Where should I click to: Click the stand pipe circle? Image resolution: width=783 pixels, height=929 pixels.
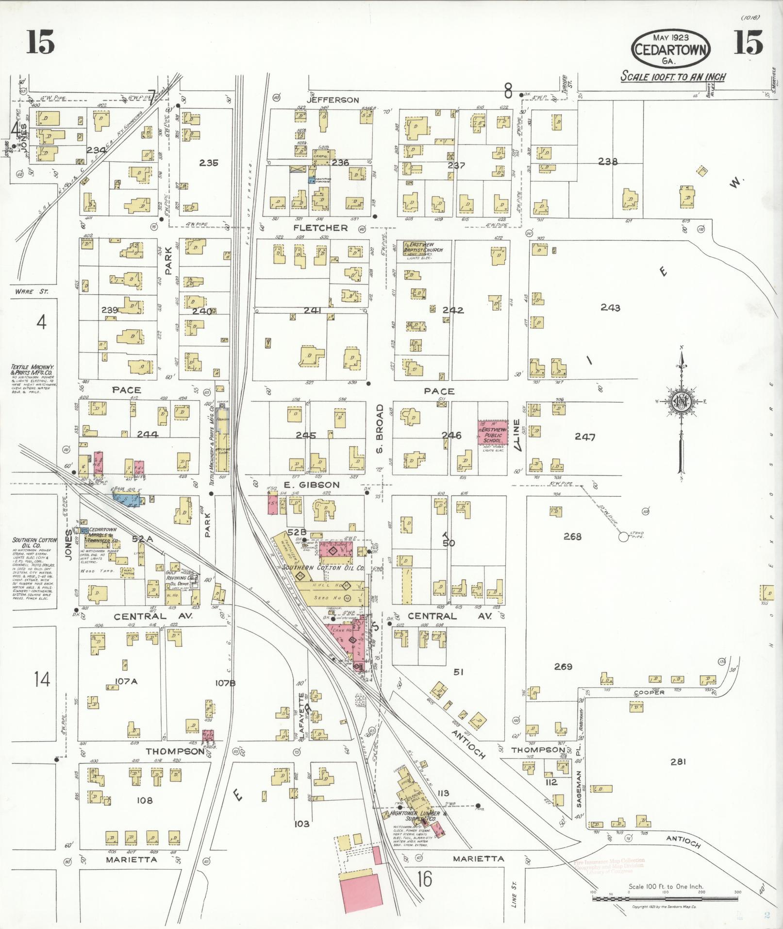tap(623, 537)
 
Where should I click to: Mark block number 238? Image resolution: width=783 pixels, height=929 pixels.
tap(607, 162)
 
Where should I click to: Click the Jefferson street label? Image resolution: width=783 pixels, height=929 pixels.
tap(333, 100)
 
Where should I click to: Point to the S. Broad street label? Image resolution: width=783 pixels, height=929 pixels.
tap(380, 429)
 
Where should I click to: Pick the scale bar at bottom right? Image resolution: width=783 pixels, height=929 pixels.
tap(665, 899)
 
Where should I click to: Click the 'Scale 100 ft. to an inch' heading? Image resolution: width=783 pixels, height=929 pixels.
tap(673, 77)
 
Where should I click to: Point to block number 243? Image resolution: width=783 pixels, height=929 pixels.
tap(610, 307)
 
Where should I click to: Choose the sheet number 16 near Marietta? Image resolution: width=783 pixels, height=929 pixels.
tap(425, 879)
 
